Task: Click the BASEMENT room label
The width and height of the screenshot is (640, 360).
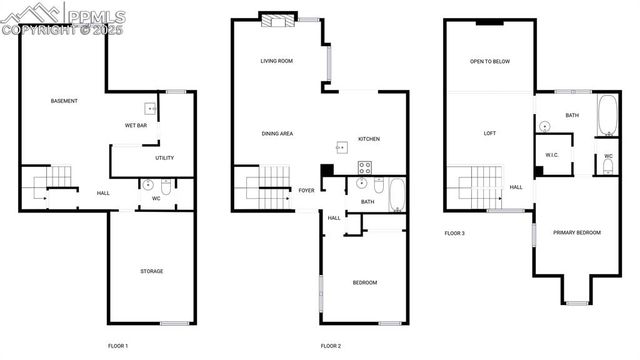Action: [x=64, y=101]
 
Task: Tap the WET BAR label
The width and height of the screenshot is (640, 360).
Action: [x=136, y=125]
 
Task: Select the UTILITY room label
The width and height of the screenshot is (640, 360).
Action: [x=165, y=158]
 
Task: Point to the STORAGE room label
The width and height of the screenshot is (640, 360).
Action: [x=151, y=271]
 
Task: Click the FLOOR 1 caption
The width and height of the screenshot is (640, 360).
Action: [x=118, y=346]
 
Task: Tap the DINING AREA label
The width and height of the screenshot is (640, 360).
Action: [x=277, y=133]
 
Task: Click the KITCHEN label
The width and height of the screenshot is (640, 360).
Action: [x=369, y=139]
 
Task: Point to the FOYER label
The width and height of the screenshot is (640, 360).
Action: [x=305, y=190]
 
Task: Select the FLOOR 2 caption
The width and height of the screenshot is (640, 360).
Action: [x=331, y=346]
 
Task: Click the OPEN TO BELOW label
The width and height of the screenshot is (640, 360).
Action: [x=490, y=61]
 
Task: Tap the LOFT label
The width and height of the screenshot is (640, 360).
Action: [x=490, y=133]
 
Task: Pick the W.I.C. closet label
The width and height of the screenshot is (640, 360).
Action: [x=552, y=155]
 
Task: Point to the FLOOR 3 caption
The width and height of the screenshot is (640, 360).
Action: [x=455, y=233]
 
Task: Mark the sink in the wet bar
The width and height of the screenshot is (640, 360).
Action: [x=150, y=109]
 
